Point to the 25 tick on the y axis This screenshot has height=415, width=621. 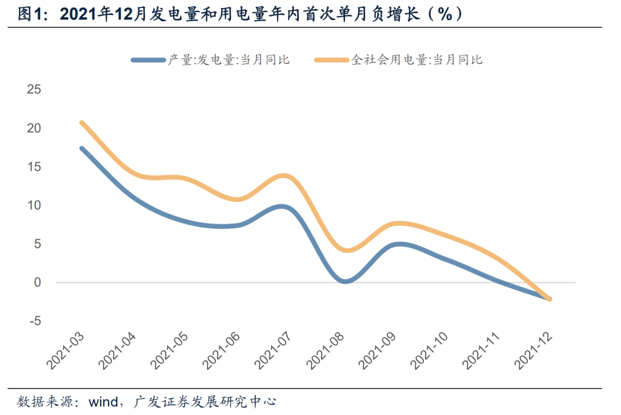[x=34, y=89]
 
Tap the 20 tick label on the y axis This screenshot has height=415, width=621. [x=34, y=128]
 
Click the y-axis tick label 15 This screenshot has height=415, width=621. [x=34, y=167]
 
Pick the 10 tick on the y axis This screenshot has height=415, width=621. [x=34, y=205]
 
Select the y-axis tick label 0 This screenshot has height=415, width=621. [x=38, y=282]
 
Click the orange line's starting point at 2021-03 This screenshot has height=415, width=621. [x=82, y=122]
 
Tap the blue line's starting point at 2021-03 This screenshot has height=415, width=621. [x=82, y=148]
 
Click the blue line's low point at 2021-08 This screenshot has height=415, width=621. [x=344, y=281]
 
